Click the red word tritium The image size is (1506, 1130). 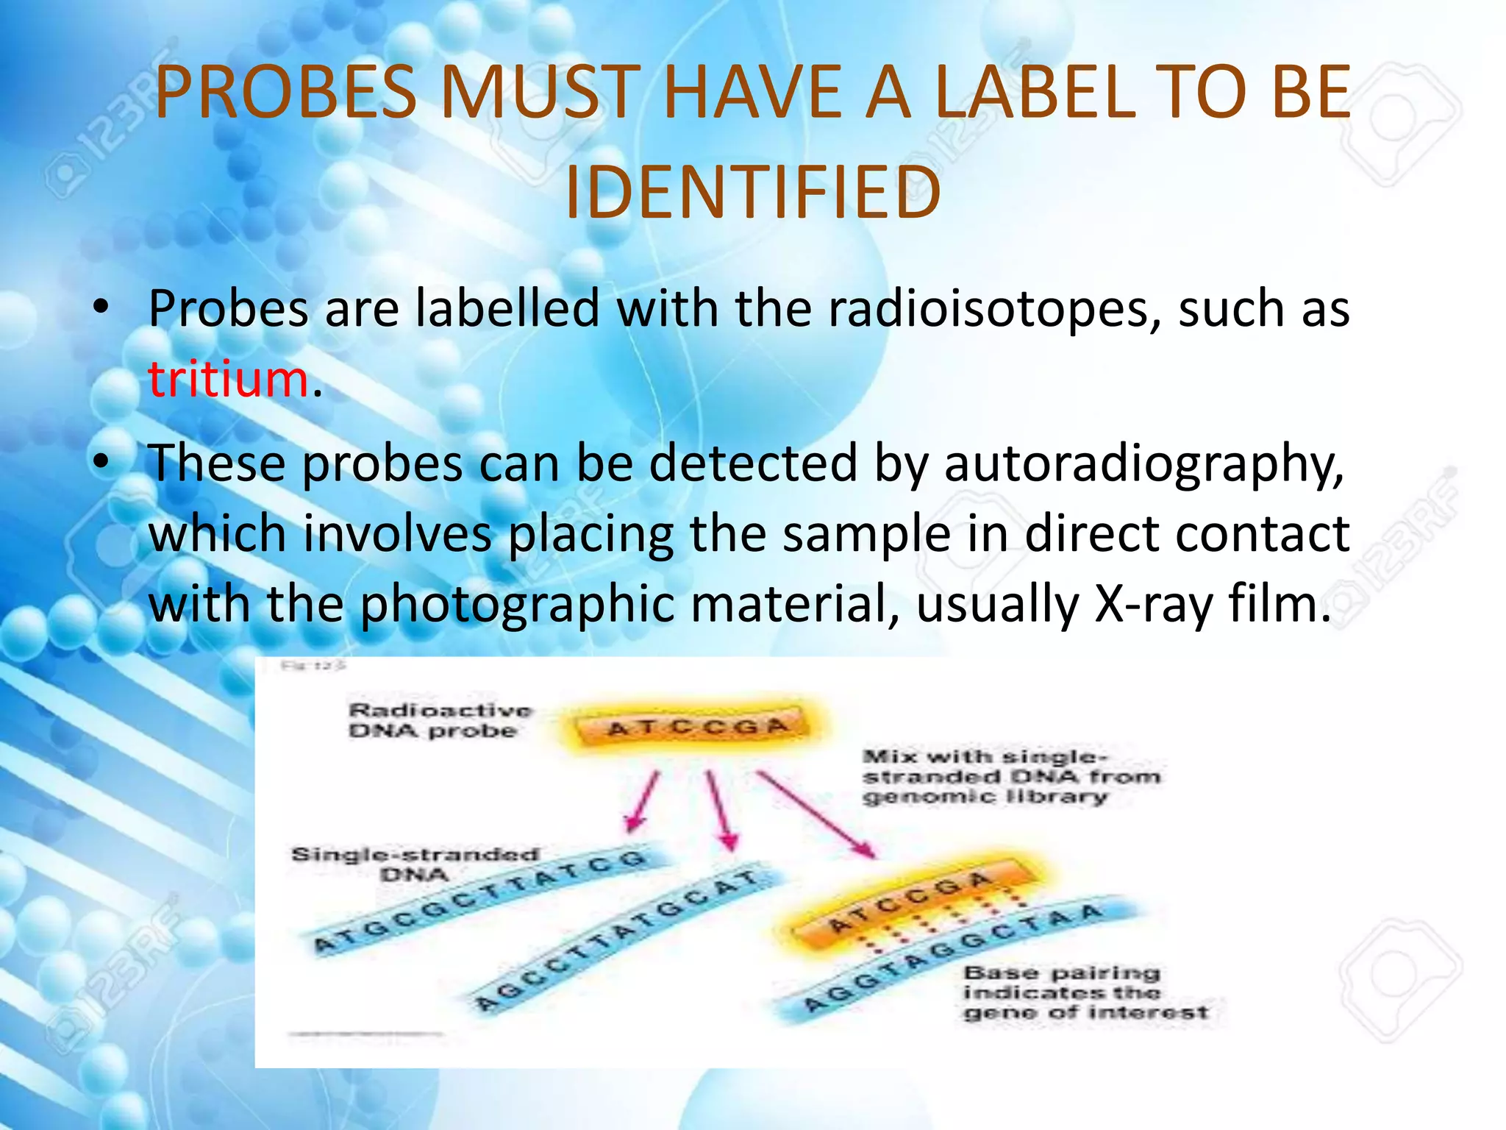pos(228,380)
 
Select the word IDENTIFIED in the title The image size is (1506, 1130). pos(752,193)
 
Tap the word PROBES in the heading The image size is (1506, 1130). pos(286,93)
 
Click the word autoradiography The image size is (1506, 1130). pos(1143,464)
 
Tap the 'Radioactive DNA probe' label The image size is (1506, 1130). pos(439,720)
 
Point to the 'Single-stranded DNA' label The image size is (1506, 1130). pos(415,864)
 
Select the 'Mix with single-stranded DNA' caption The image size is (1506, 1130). pos(1011,777)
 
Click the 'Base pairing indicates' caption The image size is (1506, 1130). pos(1085,993)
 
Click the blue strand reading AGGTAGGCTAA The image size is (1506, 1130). pos(956,956)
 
